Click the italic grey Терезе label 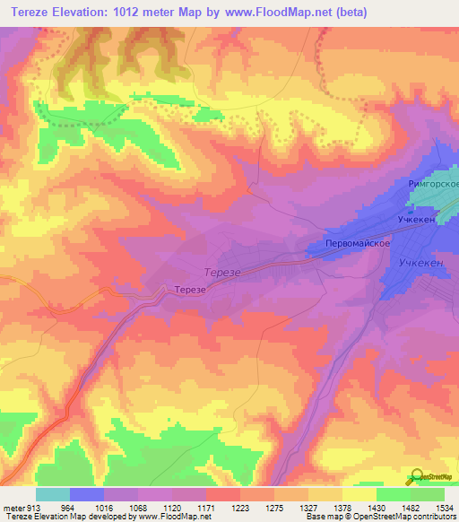coord(221,270)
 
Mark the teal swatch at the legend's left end coord(53,494)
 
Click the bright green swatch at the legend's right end coord(428,494)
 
